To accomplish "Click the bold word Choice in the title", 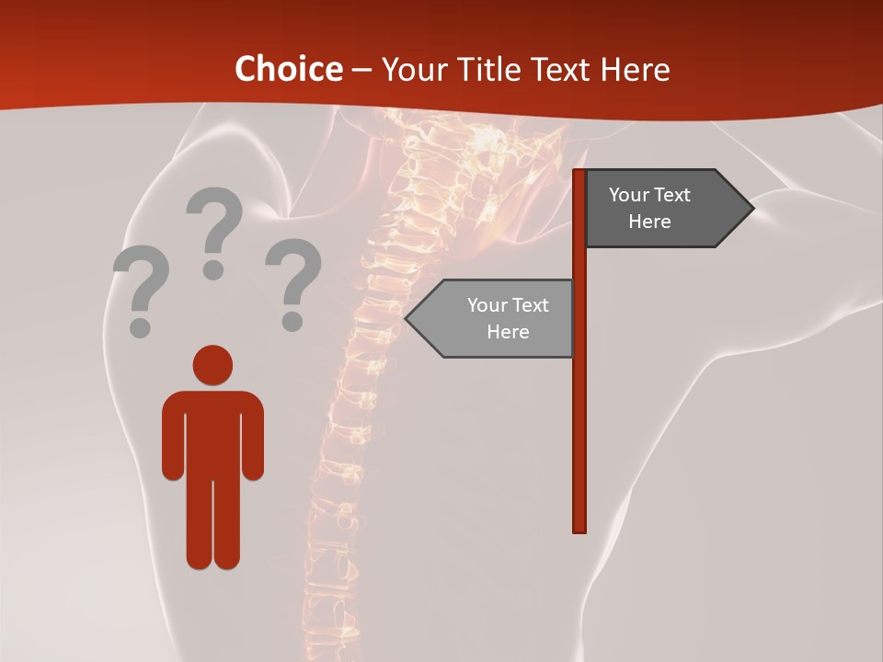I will pyautogui.click(x=288, y=69).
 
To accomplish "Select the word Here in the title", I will pyautogui.click(x=635, y=69).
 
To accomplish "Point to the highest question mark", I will pyautogui.click(x=214, y=230).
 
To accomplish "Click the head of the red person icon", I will pyautogui.click(x=212, y=366).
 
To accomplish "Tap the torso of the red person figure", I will pyautogui.click(x=212, y=432).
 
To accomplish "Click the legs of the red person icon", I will pyautogui.click(x=212, y=524).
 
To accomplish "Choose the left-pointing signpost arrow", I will pyautogui.click(x=492, y=318).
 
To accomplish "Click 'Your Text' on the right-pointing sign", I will pyautogui.click(x=649, y=195).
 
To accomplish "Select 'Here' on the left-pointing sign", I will pyautogui.click(x=508, y=332).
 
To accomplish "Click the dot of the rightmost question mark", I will pyautogui.click(x=292, y=323).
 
